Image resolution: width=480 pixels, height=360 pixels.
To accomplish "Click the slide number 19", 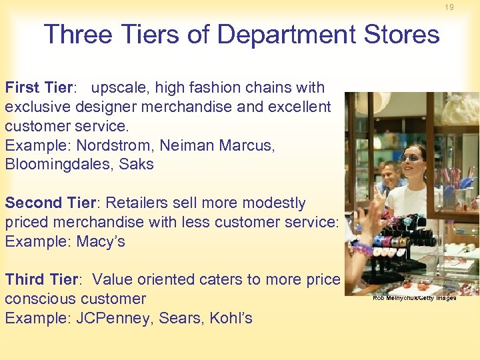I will click(449, 7).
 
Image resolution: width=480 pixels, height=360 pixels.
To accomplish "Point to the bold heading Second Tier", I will click(51, 203).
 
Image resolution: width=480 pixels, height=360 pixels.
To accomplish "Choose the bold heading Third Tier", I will click(43, 279).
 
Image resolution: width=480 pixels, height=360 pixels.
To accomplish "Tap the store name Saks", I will click(136, 165).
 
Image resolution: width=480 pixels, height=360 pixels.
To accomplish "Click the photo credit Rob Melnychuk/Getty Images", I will click(414, 298).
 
